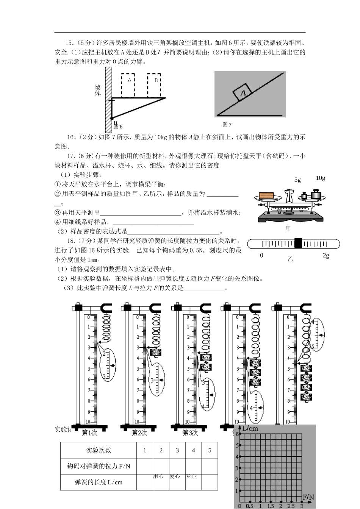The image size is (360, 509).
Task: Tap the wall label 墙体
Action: pyautogui.click(x=98, y=90)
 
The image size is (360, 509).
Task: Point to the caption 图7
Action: pyautogui.click(x=227, y=125)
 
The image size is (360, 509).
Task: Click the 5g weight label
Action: pyautogui.click(x=297, y=180)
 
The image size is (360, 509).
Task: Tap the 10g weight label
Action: pyautogui.click(x=321, y=178)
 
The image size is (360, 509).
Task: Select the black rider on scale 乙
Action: pyautogui.click(x=298, y=243)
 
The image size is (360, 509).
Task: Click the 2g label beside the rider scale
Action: pyautogui.click(x=326, y=256)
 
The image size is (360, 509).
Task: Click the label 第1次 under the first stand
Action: pyautogui.click(x=89, y=432)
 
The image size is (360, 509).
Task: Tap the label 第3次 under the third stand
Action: pyautogui.click(x=190, y=432)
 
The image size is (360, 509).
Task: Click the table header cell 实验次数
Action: pyautogui.click(x=99, y=450)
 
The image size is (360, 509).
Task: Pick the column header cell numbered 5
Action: pyautogui.click(x=210, y=450)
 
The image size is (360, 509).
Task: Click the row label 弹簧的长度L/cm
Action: pyautogui.click(x=99, y=482)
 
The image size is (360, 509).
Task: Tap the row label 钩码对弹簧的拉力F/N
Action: pyautogui.click(x=99, y=466)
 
